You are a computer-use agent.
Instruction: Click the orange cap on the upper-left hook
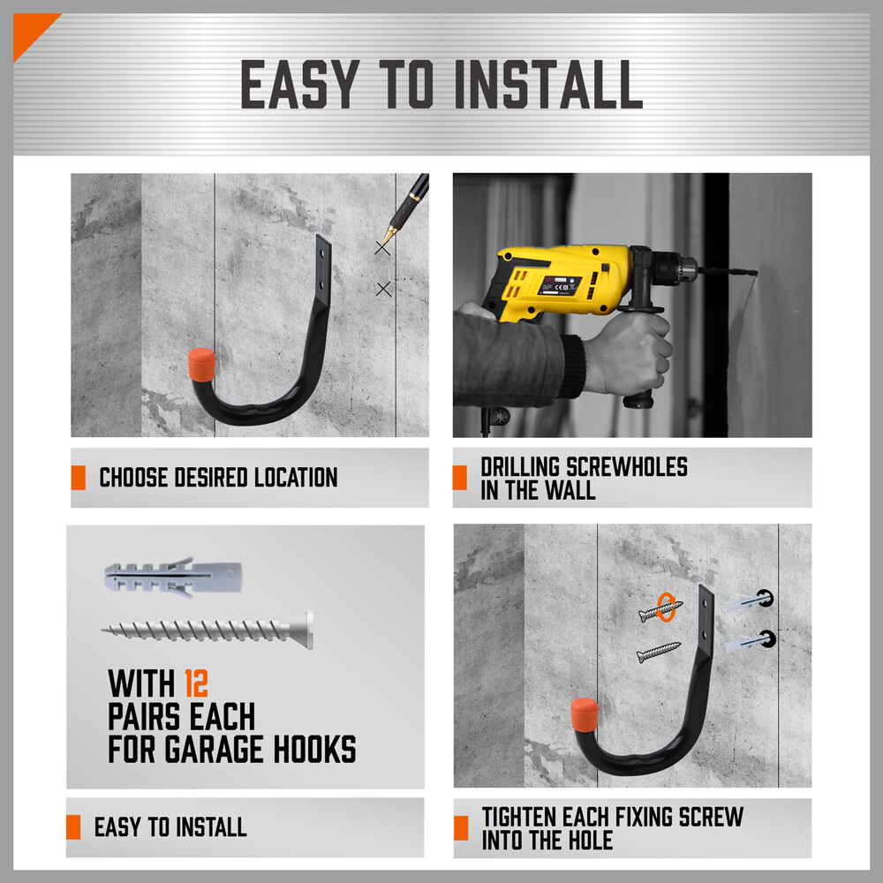click(202, 364)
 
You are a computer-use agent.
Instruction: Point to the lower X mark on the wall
click(383, 289)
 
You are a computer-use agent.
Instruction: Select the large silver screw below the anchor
click(208, 630)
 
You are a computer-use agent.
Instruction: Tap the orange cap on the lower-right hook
click(583, 713)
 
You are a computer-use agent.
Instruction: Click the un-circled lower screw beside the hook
click(659, 653)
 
